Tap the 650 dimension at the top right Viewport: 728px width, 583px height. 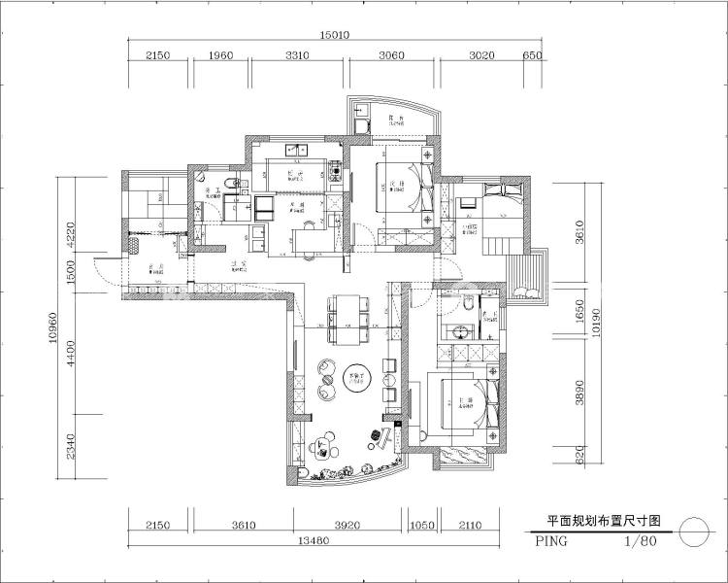pos(532,56)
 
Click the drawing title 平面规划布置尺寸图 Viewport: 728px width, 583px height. pos(590,521)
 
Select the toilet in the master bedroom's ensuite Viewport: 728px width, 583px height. pos(467,305)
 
